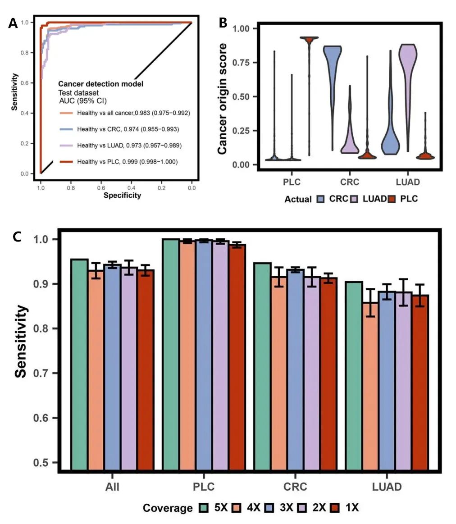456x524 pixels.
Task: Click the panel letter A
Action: (x=13, y=23)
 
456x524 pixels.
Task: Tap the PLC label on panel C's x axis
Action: (x=204, y=487)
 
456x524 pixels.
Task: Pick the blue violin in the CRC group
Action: (x=334, y=72)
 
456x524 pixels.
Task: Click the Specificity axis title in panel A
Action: (x=122, y=195)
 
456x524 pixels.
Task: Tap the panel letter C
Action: (x=17, y=237)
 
